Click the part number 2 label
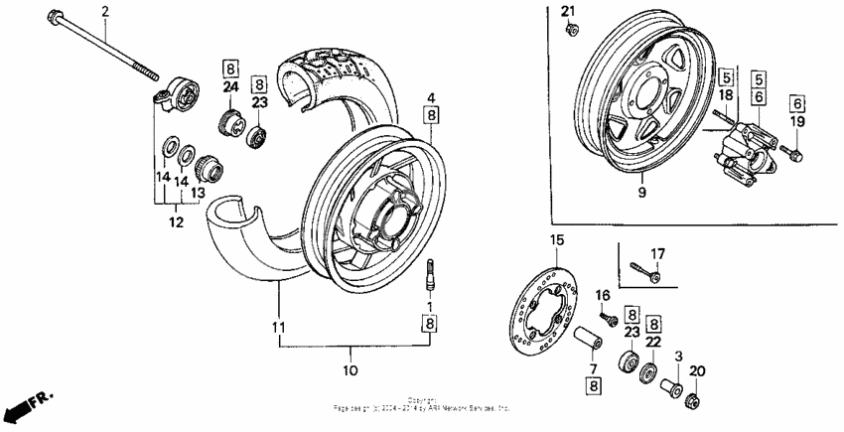pos(106,10)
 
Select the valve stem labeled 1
pos(431,271)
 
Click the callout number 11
pos(279,327)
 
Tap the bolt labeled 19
pos(791,153)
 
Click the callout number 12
pos(176,222)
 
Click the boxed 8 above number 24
pos(230,69)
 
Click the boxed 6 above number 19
pos(797,102)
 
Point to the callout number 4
pos(432,97)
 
